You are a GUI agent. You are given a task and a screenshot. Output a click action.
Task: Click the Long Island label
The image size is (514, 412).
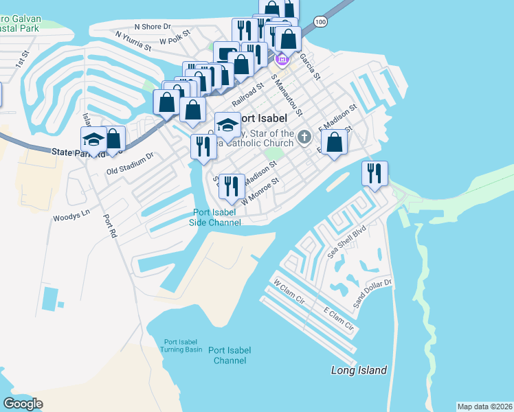pos(359,371)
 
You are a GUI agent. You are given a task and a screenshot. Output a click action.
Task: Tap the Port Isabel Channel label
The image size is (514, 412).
pos(230,355)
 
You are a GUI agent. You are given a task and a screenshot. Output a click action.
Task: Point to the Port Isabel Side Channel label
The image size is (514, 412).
pos(216,217)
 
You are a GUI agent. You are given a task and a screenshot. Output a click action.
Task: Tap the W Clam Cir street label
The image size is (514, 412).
pos(288,289)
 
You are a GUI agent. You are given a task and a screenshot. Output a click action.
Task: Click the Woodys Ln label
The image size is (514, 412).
pos(71,215)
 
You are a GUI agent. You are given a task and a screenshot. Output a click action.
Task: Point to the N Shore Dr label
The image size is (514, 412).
pos(153,27)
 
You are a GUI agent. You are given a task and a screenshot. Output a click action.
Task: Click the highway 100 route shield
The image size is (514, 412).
pos(320,22)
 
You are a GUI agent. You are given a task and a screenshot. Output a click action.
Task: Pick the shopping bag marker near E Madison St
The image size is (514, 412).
pos(334,142)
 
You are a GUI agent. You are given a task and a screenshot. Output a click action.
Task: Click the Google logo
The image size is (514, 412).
pos(23,404)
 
